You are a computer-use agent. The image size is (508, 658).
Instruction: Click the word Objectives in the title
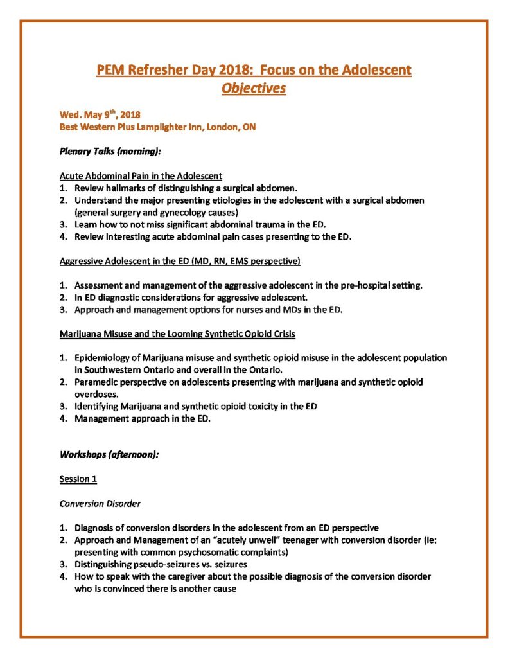pos(254,89)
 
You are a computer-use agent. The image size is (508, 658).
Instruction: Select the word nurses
pos(238,309)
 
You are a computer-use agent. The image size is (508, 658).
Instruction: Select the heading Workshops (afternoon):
pos(109,454)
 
